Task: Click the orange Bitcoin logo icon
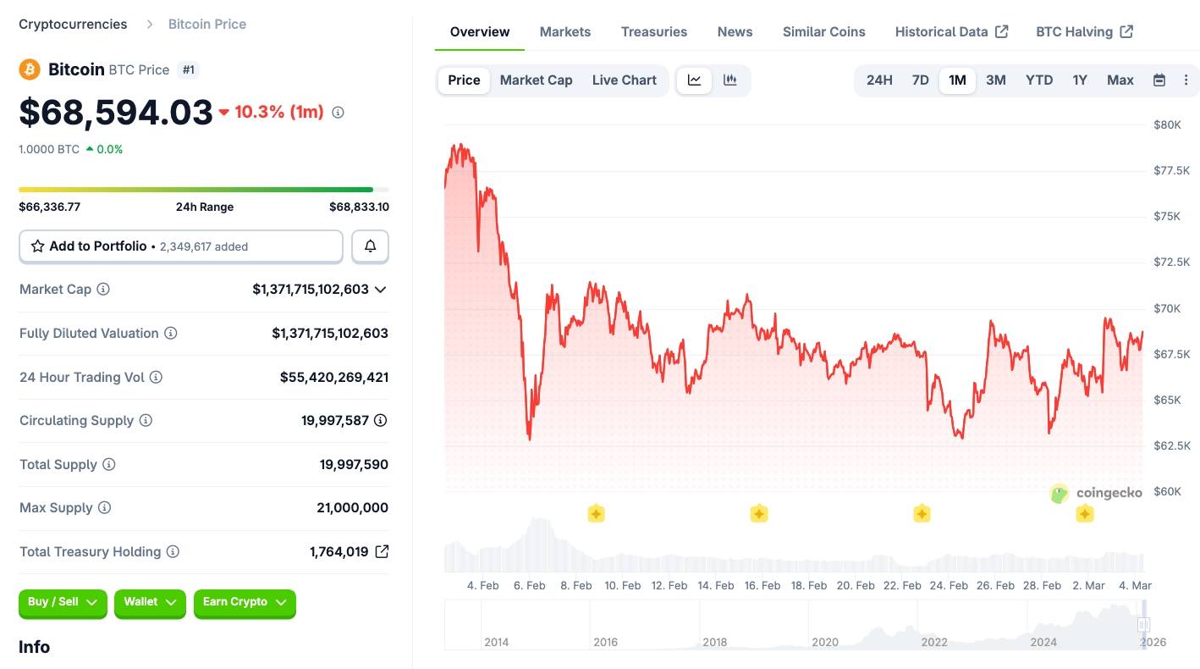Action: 30,69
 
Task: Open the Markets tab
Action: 565,32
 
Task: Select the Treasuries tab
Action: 654,32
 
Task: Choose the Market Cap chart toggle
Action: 536,80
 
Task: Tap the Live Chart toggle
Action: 625,80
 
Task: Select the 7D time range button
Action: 920,80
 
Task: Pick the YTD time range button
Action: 1039,80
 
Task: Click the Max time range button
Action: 1120,80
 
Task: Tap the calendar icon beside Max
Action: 1159,80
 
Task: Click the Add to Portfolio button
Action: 181,246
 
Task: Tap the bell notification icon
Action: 370,246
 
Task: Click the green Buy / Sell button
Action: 63,602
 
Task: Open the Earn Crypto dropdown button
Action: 245,602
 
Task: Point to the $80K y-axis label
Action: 1167,125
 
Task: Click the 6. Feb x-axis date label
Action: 530,585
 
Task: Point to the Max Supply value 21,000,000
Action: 352,508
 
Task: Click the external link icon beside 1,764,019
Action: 382,552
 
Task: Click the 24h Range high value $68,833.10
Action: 359,207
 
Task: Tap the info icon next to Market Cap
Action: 103,290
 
